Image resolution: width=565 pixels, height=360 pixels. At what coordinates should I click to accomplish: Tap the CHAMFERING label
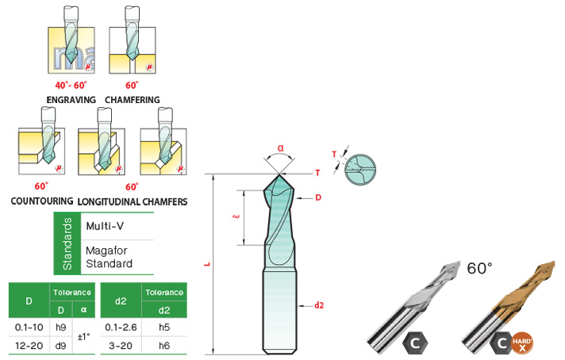[x=131, y=100]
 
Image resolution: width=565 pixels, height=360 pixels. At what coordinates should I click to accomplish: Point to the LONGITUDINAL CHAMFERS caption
[x=132, y=201]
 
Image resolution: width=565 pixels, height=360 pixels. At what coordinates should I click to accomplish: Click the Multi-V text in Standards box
[x=104, y=225]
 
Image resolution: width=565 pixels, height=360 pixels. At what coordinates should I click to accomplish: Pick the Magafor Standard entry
[x=109, y=258]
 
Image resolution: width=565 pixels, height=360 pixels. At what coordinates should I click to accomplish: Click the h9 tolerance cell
[x=61, y=326]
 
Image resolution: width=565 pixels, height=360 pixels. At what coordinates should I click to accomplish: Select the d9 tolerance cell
[x=61, y=345]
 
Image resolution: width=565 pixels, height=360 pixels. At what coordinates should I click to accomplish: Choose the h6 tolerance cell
[x=164, y=345]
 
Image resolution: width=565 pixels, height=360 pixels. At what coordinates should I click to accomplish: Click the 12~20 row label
[x=29, y=345]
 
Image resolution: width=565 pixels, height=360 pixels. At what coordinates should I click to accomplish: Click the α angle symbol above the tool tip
[x=282, y=147]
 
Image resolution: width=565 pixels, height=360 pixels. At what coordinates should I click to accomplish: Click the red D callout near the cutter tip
[x=317, y=197]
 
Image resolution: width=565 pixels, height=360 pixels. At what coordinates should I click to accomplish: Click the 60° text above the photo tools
[x=480, y=268]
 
